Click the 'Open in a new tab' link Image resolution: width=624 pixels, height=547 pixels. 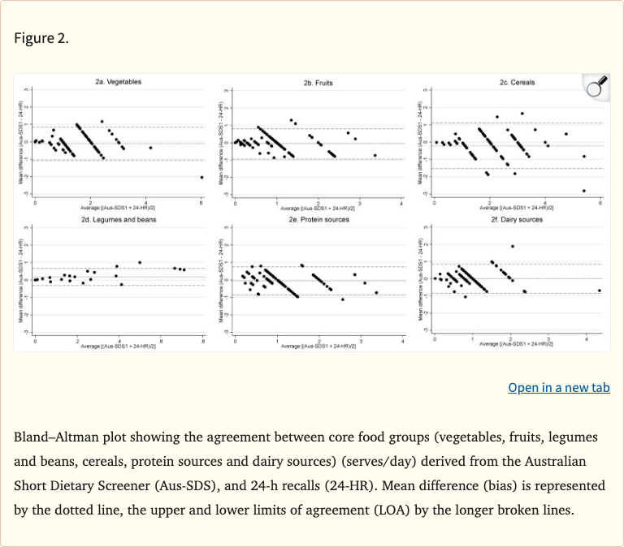click(x=558, y=388)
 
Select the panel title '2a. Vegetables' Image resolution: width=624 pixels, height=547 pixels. click(x=119, y=82)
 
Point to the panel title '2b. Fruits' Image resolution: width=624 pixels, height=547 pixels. click(x=318, y=83)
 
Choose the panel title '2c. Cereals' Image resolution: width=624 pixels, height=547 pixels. click(x=517, y=82)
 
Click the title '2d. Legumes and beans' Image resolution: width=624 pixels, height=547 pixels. click(x=119, y=219)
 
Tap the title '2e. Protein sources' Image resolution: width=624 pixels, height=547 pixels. click(x=318, y=220)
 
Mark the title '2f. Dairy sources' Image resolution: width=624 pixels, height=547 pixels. click(x=517, y=219)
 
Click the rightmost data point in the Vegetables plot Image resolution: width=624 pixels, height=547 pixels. click(x=201, y=177)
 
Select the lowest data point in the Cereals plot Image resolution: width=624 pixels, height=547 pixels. click(x=584, y=191)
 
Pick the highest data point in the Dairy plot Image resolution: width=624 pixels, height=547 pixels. click(x=513, y=247)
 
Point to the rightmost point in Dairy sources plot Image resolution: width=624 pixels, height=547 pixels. click(x=599, y=291)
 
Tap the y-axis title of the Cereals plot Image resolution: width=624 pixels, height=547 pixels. click(x=420, y=141)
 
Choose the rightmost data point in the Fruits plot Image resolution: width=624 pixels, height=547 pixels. click(x=375, y=155)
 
